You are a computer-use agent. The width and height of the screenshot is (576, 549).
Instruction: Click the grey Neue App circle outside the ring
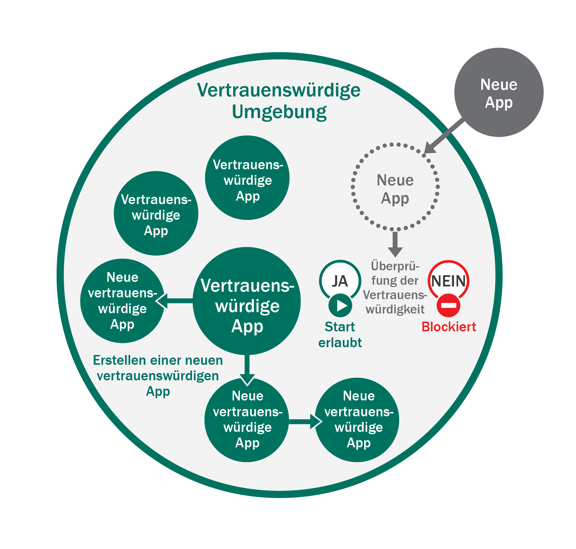point(499,92)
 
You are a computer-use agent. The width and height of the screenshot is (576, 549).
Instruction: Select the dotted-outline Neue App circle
point(395,187)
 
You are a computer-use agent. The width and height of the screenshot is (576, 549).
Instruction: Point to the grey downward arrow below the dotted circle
point(395,244)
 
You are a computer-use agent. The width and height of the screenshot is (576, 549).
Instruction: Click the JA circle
point(340,281)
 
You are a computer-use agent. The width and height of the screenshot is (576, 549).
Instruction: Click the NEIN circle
point(448,281)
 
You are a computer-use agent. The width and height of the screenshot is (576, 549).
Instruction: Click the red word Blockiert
point(449,327)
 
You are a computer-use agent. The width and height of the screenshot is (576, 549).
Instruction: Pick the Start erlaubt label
point(340,335)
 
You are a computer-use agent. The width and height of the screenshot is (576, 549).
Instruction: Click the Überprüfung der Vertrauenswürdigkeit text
point(395,287)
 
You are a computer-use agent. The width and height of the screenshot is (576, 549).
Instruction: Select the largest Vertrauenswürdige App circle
point(247,301)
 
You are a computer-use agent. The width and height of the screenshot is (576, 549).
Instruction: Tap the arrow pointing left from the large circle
point(174,301)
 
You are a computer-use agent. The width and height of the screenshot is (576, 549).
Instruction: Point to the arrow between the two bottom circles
point(305,421)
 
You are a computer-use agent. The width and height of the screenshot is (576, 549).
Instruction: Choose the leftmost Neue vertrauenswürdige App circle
point(122,301)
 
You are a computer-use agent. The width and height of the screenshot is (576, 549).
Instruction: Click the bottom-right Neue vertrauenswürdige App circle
point(357,420)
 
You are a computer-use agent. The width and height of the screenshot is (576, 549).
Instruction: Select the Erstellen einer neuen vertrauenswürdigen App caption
point(158,376)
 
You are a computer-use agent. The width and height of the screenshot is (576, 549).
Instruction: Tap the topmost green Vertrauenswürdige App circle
point(247,178)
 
